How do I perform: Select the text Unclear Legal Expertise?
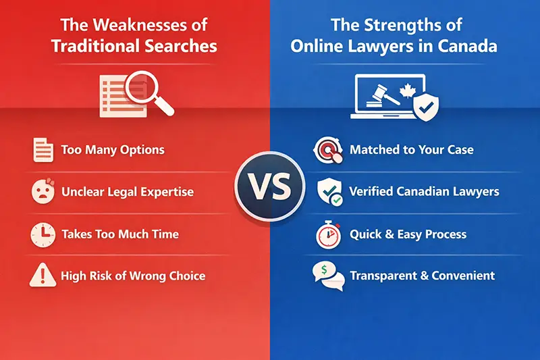127,192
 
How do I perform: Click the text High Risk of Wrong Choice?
133,276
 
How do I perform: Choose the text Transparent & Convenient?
422,276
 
